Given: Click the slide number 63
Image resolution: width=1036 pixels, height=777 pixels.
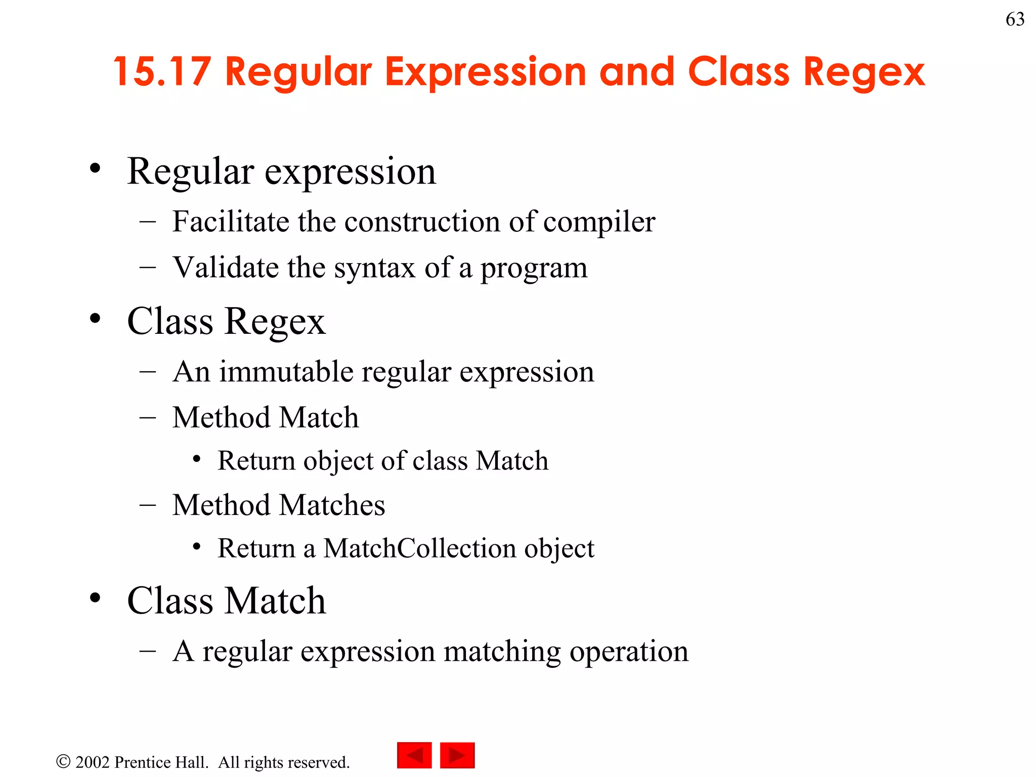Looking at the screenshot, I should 1015,19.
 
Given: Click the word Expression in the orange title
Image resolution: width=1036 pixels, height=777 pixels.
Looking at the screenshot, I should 485,72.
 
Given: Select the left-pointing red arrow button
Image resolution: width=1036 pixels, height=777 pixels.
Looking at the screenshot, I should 414,755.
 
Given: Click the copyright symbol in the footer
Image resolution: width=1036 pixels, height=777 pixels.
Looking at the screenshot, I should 63,761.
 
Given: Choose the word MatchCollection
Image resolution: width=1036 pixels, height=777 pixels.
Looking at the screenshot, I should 419,548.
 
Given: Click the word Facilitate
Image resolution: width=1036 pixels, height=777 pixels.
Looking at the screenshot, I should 230,222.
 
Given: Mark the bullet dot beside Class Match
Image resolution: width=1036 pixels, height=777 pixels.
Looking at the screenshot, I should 95,598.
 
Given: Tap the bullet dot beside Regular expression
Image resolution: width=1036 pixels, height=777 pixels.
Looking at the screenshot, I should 95,168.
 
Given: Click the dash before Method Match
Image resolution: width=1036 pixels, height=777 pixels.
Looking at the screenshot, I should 147,418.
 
